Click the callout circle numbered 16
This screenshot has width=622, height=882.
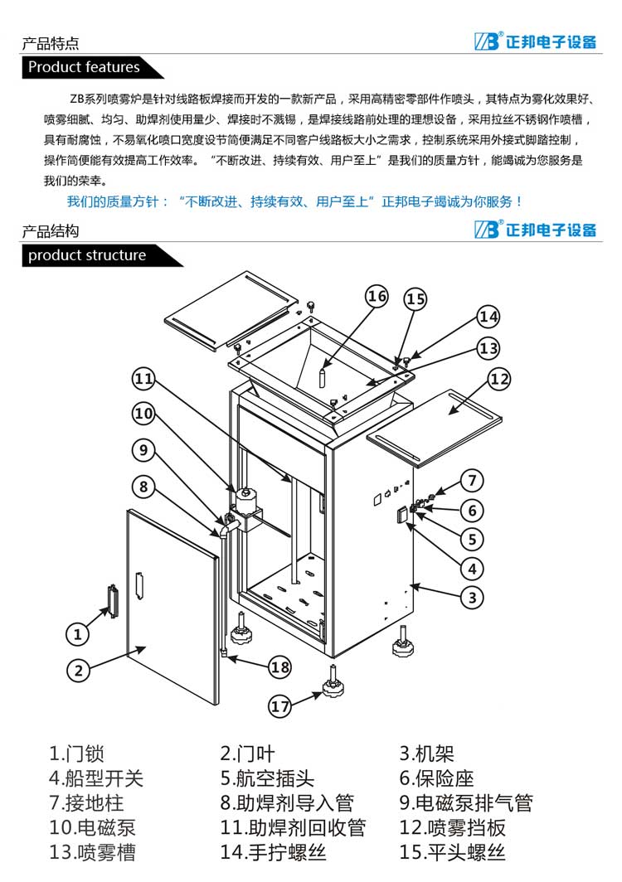377,296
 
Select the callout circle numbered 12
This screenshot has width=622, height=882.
498,380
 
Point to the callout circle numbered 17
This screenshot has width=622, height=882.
280,706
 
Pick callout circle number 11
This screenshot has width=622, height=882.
144,379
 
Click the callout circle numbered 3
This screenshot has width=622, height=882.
472,596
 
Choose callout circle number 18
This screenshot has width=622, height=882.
280,666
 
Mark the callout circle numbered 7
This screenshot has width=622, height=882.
472,480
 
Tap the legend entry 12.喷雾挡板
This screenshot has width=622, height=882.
452,827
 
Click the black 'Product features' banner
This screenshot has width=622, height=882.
84,67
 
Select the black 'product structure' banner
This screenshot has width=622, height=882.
87,255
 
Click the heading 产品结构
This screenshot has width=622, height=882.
51,231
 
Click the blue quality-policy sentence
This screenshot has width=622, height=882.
294,201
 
